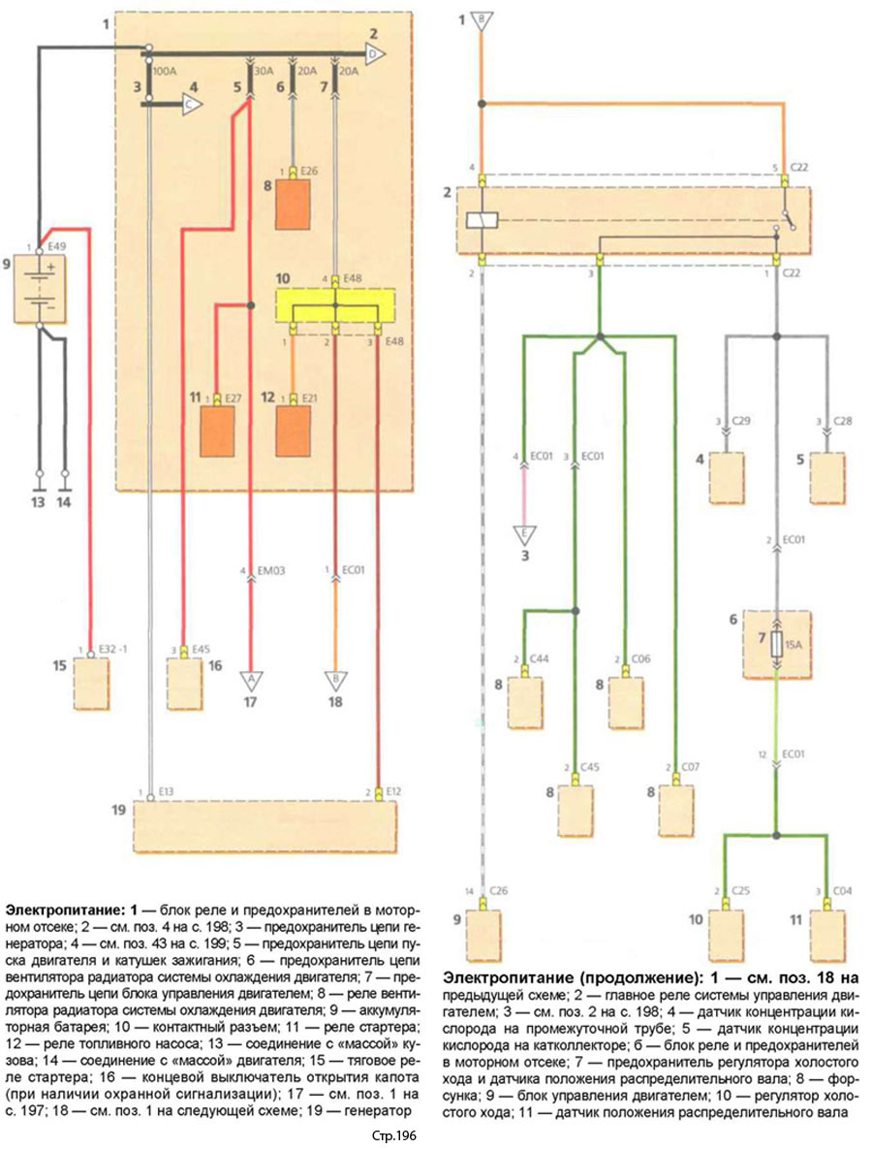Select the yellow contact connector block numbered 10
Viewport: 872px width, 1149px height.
point(335,305)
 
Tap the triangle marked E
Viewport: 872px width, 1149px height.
point(524,533)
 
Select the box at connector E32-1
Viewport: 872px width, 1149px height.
point(92,684)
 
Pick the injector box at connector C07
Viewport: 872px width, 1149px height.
point(675,806)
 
